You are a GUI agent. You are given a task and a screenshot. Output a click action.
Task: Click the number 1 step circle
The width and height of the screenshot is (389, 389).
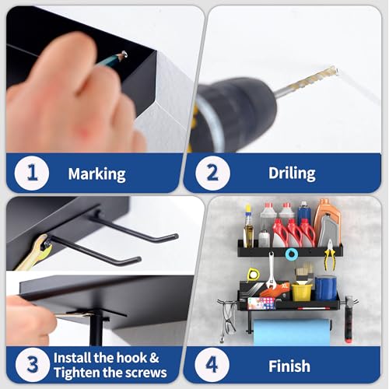(x=32, y=173)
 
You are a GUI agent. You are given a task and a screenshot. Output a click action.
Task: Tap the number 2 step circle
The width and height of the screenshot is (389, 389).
(x=212, y=173)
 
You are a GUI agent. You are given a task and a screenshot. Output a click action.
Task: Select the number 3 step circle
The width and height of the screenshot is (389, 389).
(x=33, y=365)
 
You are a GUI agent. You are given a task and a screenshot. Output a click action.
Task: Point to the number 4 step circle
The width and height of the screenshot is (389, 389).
(x=212, y=365)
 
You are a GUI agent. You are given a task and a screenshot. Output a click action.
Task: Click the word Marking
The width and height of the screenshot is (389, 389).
(x=96, y=173)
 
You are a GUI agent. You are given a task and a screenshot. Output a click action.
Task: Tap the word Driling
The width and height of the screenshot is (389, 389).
(x=292, y=173)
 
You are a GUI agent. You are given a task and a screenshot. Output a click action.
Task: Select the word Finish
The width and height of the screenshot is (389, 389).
(x=289, y=366)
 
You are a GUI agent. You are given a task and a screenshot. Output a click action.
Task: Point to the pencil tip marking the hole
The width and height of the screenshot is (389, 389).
(x=124, y=54)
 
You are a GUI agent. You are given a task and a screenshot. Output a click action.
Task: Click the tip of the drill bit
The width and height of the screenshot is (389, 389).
(x=336, y=70)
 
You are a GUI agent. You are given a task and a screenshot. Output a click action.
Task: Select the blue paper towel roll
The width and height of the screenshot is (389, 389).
(x=292, y=332)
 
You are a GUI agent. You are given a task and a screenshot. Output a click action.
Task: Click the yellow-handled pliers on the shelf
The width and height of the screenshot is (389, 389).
(x=329, y=255)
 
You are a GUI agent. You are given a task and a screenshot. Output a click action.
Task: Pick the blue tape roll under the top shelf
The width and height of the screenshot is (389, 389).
(x=292, y=254)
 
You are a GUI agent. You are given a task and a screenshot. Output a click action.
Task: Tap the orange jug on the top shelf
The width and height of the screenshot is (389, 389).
(x=327, y=220)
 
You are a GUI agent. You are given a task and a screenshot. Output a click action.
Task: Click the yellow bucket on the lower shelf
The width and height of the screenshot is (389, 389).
(x=302, y=292)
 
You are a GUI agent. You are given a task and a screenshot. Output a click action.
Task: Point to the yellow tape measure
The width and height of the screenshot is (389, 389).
(x=252, y=275)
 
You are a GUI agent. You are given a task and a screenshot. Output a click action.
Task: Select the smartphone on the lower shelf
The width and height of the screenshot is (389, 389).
(x=261, y=303)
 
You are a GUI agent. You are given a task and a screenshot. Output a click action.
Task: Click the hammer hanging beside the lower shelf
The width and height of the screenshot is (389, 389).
(x=348, y=320)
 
